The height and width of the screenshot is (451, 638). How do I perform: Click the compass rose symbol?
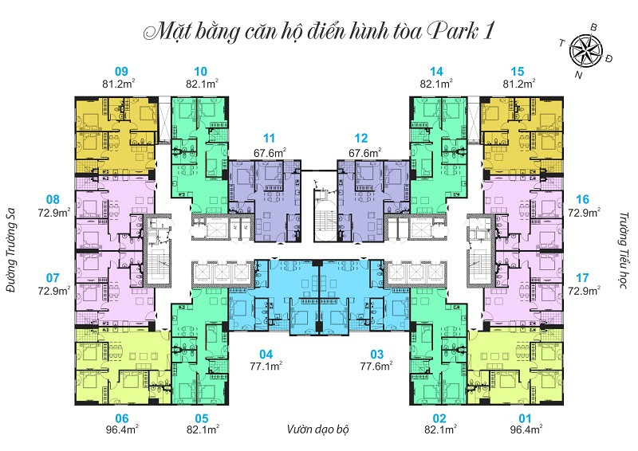pyautogui.click(x=586, y=50)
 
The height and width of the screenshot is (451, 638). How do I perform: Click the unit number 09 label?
pyautogui.click(x=121, y=72)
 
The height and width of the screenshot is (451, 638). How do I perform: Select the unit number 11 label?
pyautogui.click(x=269, y=139)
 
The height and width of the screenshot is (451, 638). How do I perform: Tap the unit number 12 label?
pyautogui.click(x=361, y=139)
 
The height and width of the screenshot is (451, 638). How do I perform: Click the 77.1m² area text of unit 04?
pyautogui.click(x=266, y=366)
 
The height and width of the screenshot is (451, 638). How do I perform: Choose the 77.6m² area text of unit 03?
pyautogui.click(x=376, y=366)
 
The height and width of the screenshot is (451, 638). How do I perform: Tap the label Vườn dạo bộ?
pyautogui.click(x=317, y=429)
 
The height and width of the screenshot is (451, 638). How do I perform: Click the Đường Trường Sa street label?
pyautogui.click(x=11, y=250)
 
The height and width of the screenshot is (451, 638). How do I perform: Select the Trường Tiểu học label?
pyautogui.click(x=624, y=250)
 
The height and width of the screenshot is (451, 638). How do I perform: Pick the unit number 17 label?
pyautogui.click(x=582, y=278)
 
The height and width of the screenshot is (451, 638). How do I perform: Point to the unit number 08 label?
pyautogui.click(x=53, y=200)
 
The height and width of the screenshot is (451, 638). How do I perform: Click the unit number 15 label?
pyautogui.click(x=517, y=72)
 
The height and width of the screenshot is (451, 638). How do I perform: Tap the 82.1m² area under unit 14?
pyautogui.click(x=436, y=84)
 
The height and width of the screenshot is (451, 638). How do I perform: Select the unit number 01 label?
pyautogui.click(x=525, y=418)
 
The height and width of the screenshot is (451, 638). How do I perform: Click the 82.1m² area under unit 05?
pyautogui.click(x=203, y=429)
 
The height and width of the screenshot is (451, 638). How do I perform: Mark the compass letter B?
pyautogui.click(x=593, y=28)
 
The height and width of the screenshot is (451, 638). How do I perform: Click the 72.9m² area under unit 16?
pyautogui.click(x=585, y=212)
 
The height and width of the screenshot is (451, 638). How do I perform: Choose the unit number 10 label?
pyautogui.click(x=201, y=72)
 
